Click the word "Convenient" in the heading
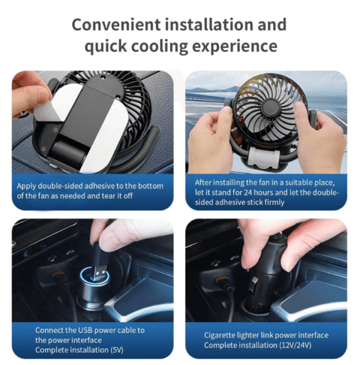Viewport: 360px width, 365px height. tap(116, 25)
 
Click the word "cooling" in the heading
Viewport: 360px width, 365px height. tap(159, 46)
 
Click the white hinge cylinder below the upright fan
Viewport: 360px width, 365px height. tap(263, 157)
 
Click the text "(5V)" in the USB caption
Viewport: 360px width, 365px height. tap(116, 350)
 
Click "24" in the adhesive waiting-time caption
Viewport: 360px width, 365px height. tap(248, 193)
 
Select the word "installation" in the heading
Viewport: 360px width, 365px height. tap(209, 25)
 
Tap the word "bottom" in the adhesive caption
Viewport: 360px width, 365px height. tap(151, 186)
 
